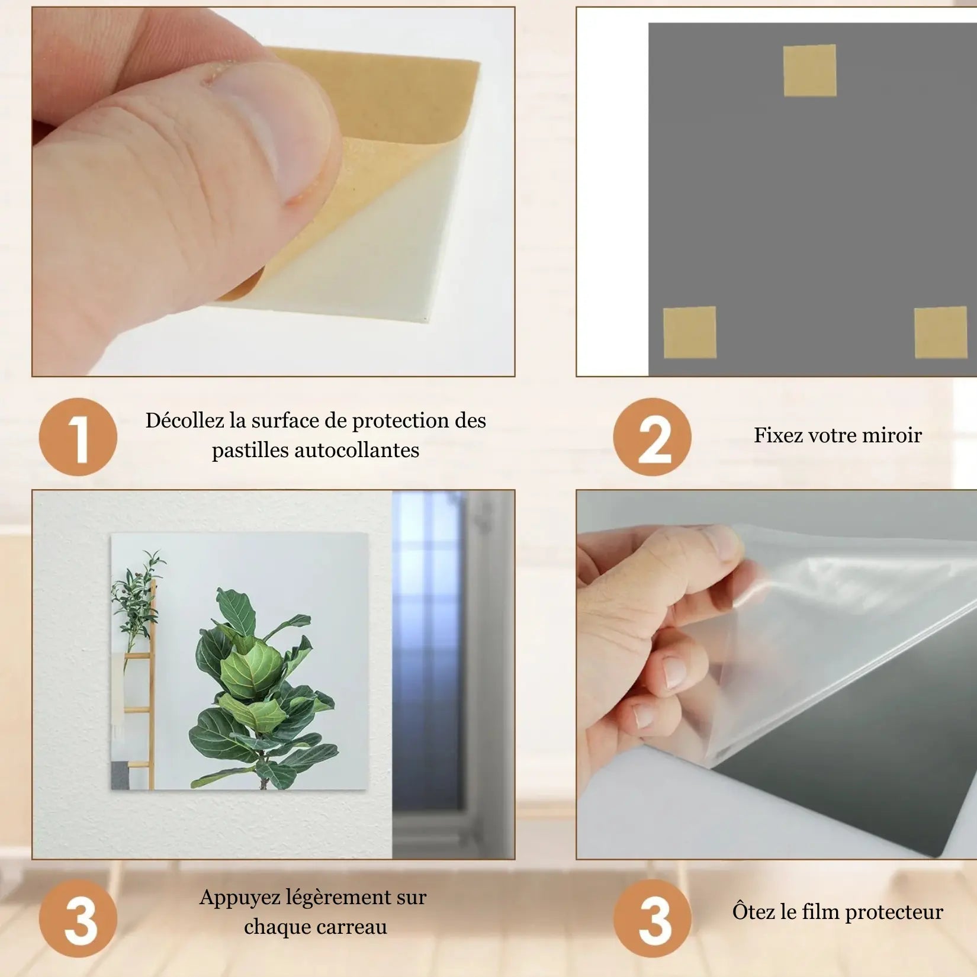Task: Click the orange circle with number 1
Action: click(78, 437)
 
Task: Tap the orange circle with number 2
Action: click(652, 437)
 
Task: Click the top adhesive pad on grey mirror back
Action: click(809, 70)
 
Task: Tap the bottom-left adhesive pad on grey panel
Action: click(689, 332)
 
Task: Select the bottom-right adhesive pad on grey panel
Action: click(940, 332)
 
